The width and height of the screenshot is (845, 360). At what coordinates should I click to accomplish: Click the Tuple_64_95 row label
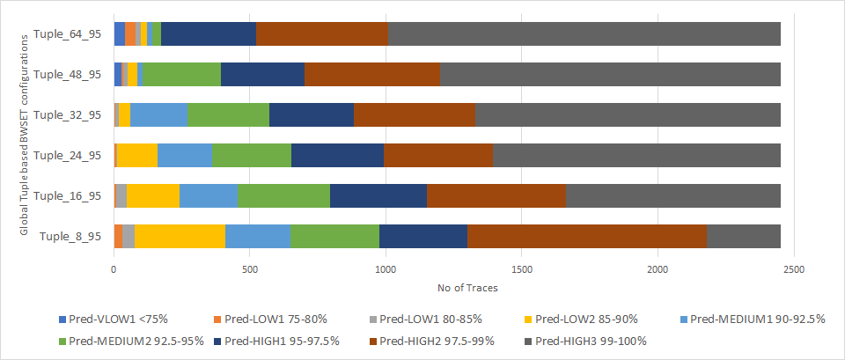(67, 34)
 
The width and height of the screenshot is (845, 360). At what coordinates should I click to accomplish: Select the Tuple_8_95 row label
(70, 237)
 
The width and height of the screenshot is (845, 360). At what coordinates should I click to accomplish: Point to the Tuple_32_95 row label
(67, 115)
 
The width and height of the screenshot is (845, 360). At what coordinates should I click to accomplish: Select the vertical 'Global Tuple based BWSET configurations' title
(25, 132)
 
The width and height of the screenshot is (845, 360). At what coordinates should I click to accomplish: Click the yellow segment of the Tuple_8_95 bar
(180, 237)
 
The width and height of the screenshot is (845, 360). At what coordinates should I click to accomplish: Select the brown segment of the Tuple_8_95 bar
(587, 237)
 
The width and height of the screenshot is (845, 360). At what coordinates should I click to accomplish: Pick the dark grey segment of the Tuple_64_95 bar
(584, 34)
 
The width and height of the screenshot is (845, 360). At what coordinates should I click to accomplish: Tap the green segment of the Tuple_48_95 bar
(181, 75)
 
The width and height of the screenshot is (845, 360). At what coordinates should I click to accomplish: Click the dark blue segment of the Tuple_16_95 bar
(378, 196)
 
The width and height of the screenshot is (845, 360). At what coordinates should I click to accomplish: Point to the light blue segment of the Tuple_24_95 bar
(185, 156)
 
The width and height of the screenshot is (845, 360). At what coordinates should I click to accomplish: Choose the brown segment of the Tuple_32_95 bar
(415, 115)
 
